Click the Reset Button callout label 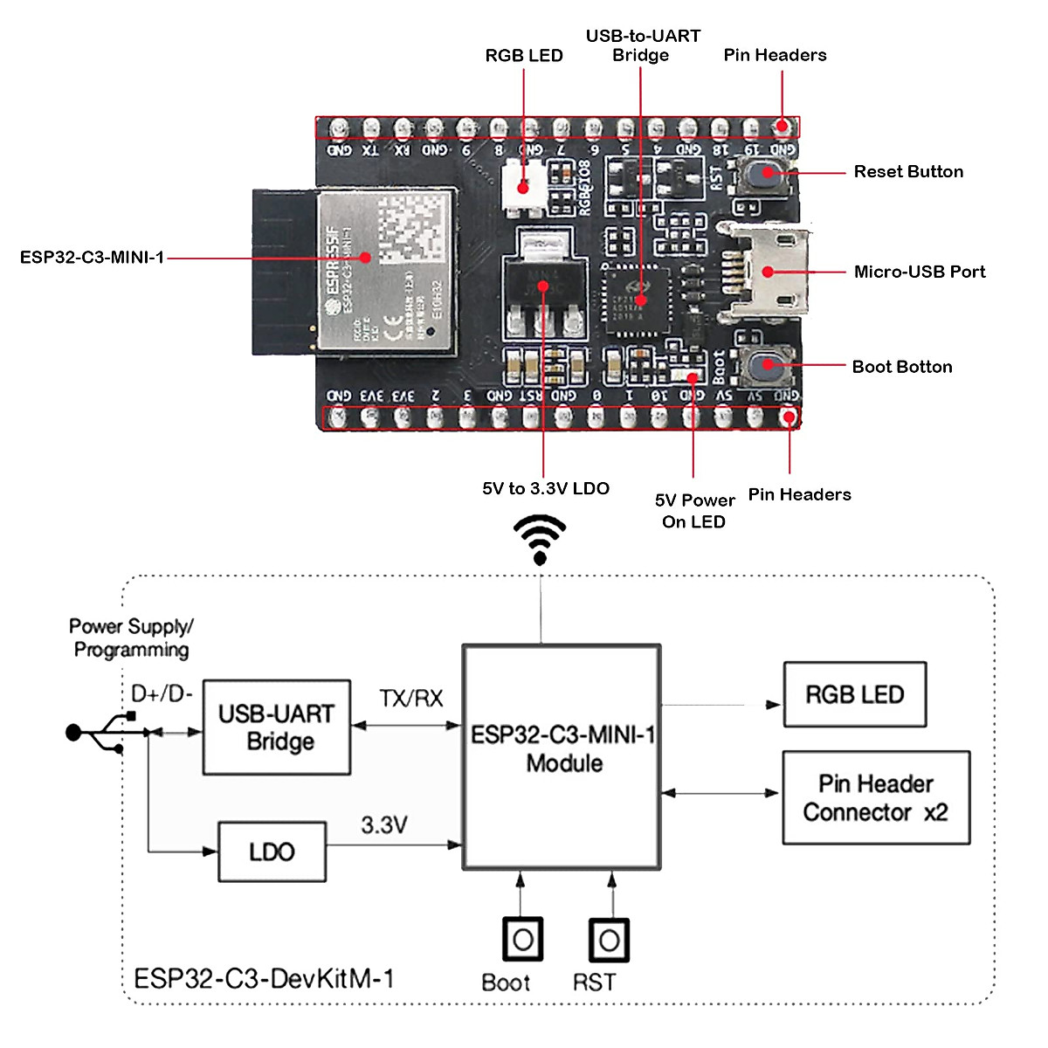[908, 172]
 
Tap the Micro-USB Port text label [919, 272]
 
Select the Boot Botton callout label [901, 367]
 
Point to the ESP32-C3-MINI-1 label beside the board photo [92, 258]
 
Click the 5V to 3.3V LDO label [545, 488]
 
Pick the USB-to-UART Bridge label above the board [642, 45]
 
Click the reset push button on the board [767, 173]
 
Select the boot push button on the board [767, 366]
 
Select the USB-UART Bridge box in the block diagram [277, 727]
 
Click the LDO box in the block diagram [272, 851]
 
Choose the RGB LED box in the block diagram [854, 695]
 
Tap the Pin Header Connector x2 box [876, 797]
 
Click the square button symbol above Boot [522, 940]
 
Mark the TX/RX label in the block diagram [410, 699]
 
